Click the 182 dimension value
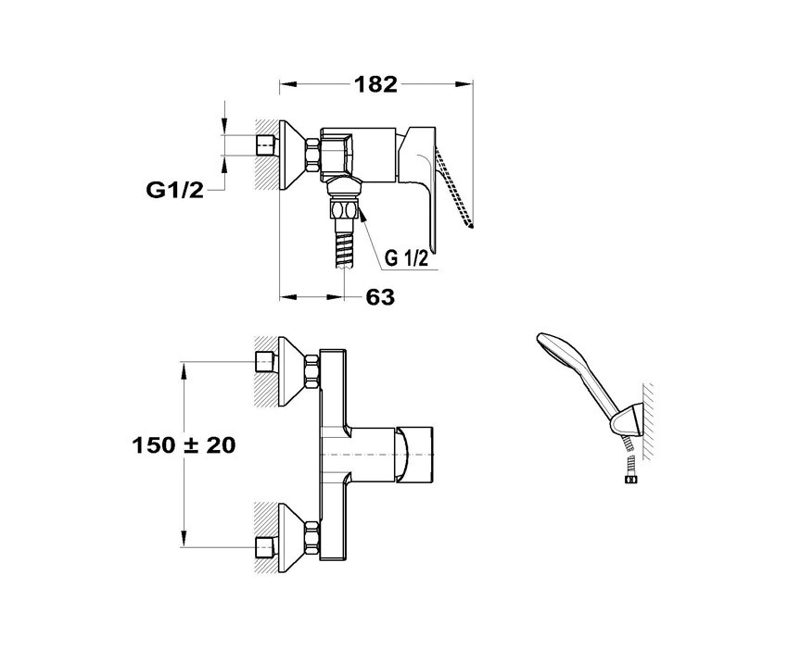[375, 84]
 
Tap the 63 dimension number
[380, 297]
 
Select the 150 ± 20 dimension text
[184, 445]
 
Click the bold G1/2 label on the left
[175, 190]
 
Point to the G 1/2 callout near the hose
[407, 258]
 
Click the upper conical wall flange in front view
[291, 371]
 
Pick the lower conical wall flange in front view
[291, 538]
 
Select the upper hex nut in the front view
[311, 371]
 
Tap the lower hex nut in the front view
[311, 538]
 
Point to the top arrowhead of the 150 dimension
[184, 371]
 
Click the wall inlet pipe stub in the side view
[266, 145]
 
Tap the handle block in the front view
[414, 455]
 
